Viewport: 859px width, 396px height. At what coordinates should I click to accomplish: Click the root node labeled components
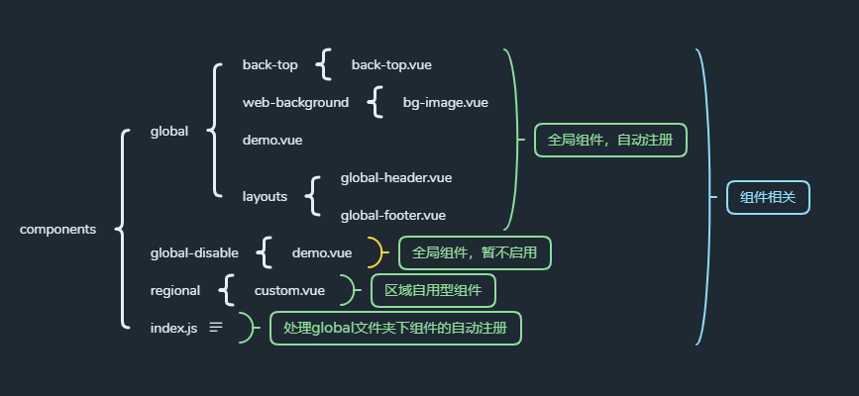57,230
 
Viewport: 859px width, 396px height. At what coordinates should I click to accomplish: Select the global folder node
169,131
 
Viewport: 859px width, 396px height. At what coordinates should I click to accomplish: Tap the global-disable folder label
194,252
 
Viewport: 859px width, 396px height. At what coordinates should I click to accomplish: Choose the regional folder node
175,290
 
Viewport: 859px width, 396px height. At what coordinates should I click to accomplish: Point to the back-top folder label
269,65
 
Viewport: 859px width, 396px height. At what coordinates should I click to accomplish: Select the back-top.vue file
391,65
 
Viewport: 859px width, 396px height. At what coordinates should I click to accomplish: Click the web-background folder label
295,102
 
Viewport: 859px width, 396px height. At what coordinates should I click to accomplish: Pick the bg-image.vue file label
446,102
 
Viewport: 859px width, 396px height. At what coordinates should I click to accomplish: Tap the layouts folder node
265,196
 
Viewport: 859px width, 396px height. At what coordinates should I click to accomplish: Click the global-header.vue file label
396,178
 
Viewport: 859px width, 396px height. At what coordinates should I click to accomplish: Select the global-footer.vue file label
393,215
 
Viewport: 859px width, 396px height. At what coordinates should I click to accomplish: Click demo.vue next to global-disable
322,252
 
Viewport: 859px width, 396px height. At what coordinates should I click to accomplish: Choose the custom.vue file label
290,290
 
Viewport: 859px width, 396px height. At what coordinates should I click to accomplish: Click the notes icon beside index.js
216,327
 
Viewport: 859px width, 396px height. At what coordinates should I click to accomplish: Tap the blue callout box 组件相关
768,197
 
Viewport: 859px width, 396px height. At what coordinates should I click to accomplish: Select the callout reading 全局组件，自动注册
610,141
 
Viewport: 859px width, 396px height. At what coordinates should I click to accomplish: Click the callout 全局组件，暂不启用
475,252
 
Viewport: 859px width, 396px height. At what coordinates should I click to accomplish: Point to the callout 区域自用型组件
433,290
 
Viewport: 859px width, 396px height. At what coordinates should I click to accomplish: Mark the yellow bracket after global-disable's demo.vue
376,252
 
